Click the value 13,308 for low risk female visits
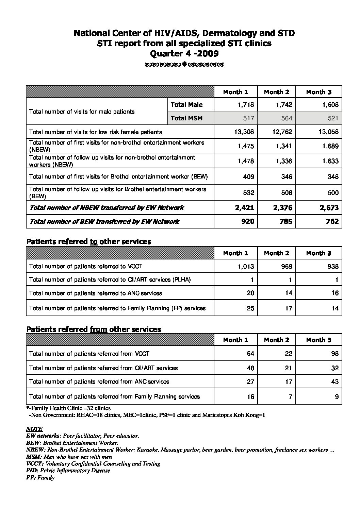pos(244,132)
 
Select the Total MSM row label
pos(186,118)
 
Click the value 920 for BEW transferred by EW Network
pos(247,221)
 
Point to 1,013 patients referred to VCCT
pos(246,266)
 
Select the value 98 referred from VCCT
pos(334,354)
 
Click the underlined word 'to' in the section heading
pos(94,242)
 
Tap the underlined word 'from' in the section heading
pos(98,329)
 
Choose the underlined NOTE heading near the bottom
pos(34,429)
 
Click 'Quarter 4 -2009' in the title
pos(184,53)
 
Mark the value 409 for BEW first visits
pos(249,177)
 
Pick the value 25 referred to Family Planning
pos(250,308)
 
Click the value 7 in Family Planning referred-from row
pos(290,396)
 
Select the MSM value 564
pos(287,118)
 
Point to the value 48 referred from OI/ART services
pos(250,368)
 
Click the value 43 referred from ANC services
pos(334,381)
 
